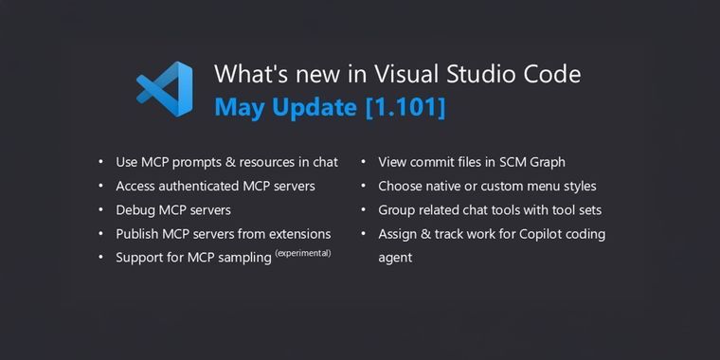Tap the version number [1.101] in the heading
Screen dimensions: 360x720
click(405, 107)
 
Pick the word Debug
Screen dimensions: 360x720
click(135, 209)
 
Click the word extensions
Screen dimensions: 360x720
click(297, 233)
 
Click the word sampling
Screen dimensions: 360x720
click(242, 258)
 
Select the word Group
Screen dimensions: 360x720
click(398, 209)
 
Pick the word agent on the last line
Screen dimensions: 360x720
click(395, 258)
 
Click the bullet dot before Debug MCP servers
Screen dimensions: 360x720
click(101, 210)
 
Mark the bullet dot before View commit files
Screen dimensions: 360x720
click(364, 162)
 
